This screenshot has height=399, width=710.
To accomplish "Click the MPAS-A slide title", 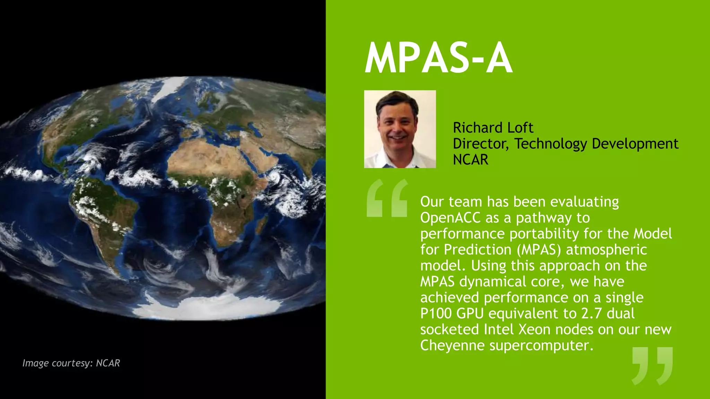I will (x=438, y=58).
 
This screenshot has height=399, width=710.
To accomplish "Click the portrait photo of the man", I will (x=400, y=129).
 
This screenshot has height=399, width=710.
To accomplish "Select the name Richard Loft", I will (x=493, y=127).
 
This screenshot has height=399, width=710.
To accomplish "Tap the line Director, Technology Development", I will (x=565, y=144).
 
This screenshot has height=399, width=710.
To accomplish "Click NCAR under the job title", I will (x=470, y=160).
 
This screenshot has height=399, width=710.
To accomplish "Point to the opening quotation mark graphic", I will (x=387, y=198).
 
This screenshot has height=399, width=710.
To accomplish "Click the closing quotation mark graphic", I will (x=652, y=365).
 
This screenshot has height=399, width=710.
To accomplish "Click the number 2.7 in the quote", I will (x=591, y=313).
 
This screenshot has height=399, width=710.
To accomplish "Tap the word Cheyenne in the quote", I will (x=452, y=345).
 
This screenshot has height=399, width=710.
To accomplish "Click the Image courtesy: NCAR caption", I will (x=71, y=363).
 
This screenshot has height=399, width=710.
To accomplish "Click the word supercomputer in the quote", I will (x=541, y=345).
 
